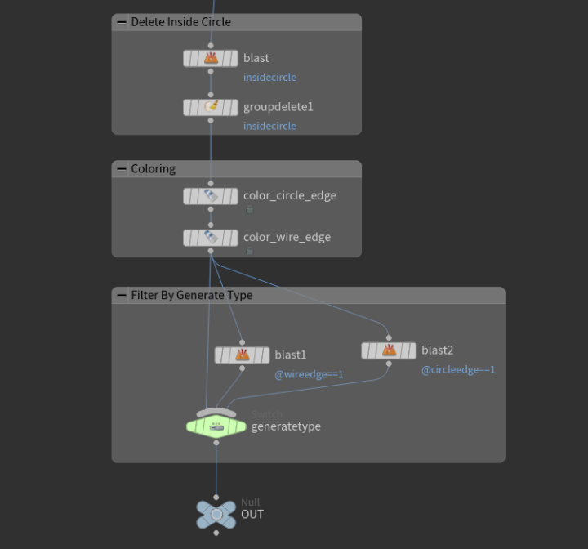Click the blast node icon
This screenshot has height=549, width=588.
tap(211, 58)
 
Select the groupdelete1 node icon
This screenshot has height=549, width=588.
tap(211, 107)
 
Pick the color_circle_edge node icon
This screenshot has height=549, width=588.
tap(211, 196)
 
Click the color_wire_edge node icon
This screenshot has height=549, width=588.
tap(211, 238)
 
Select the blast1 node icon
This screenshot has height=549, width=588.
tap(242, 355)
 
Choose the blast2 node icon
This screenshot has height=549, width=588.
tap(389, 350)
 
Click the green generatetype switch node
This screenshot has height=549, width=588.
tap(216, 426)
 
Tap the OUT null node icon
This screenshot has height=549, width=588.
tap(216, 514)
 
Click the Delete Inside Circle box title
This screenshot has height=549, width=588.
tap(180, 22)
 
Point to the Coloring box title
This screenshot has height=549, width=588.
tap(153, 169)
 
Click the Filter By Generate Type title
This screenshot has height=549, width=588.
tap(191, 296)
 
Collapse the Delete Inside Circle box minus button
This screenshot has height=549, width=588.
tap(122, 22)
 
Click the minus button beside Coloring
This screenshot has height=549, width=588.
tap(122, 169)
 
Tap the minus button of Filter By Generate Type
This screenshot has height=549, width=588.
tap(122, 296)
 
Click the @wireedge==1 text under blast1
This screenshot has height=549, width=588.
tap(309, 374)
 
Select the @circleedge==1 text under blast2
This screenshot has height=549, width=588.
tap(458, 369)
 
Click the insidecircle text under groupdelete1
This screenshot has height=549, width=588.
tap(269, 126)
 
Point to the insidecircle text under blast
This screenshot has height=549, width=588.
tap(269, 77)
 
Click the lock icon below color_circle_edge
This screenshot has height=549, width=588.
tap(249, 209)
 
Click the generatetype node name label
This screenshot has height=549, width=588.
tap(286, 426)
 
